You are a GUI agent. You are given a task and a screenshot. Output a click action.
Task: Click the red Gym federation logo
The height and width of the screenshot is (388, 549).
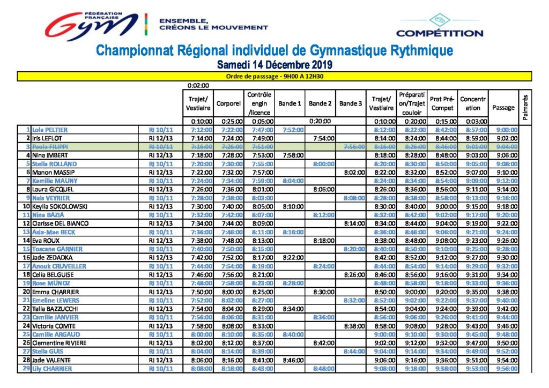tap(91, 25)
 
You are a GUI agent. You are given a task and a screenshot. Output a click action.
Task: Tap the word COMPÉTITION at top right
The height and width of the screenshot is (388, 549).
tap(440, 34)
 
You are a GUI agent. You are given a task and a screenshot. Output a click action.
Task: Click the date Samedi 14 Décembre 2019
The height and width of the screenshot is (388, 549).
tap(274, 65)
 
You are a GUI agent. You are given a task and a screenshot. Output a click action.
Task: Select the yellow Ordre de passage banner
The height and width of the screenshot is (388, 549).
tap(274, 76)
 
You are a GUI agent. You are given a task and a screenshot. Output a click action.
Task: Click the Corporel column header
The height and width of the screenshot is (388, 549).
tap(228, 103)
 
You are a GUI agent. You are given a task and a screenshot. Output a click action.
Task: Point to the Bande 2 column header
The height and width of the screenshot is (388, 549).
tap(320, 103)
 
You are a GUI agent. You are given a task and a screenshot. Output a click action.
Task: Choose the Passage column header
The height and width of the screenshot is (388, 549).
tap(503, 108)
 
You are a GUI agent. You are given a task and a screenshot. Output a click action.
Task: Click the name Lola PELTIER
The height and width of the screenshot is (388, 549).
tap(50, 130)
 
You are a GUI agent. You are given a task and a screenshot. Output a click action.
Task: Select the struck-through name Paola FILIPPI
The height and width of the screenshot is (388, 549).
tap(50, 147)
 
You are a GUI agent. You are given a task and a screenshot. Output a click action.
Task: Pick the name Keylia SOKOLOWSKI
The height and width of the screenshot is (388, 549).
tap(60, 206)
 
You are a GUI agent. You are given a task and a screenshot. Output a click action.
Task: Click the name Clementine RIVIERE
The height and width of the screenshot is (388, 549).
tap(59, 343)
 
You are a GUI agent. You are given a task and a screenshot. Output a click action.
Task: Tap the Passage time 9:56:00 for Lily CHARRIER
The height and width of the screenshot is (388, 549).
tap(507, 368)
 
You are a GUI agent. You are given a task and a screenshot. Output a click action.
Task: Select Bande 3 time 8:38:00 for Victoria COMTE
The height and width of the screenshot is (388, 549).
tap(354, 326)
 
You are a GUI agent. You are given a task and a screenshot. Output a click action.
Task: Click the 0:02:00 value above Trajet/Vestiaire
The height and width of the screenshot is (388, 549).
tap(198, 85)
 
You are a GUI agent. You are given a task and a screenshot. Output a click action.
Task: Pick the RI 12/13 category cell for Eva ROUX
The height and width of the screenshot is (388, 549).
tap(161, 241)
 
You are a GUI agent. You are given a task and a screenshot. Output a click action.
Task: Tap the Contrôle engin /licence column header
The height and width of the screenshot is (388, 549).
tap(259, 103)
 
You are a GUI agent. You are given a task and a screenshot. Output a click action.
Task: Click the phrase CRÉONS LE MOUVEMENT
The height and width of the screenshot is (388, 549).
tap(213, 27)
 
